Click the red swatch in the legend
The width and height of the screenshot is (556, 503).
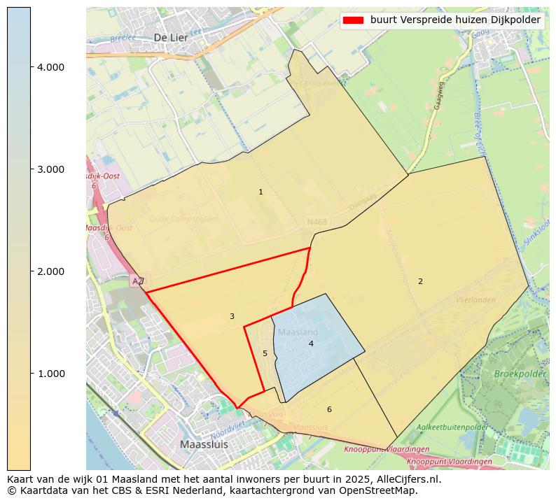click(354, 20)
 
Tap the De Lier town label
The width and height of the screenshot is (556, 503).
click(170, 37)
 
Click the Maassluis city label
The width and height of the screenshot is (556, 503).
click(204, 444)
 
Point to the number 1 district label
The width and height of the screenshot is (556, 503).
click(260, 192)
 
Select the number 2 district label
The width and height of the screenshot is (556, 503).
click(420, 281)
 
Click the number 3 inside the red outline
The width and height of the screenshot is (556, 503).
click(232, 316)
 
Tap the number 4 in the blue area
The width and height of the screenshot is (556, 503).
click(311, 343)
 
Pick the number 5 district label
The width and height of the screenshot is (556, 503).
click(265, 353)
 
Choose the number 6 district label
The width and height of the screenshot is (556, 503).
click(329, 409)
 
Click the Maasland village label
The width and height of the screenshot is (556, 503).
click(298, 332)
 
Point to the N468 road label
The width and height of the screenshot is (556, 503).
click(317, 222)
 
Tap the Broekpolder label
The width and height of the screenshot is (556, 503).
click(520, 374)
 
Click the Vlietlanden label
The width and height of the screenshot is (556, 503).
click(475, 299)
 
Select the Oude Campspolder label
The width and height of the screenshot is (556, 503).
click(183, 219)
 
